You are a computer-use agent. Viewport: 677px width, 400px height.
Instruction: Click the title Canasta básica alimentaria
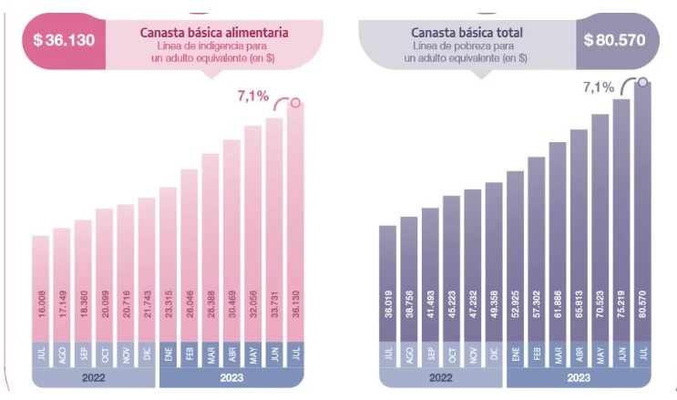coord(214,32)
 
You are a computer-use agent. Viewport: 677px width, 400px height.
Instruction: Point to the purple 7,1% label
coord(599,87)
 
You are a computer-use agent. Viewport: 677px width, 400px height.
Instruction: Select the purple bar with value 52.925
coord(515,260)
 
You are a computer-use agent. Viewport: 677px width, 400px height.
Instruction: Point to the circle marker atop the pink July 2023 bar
coord(295,103)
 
